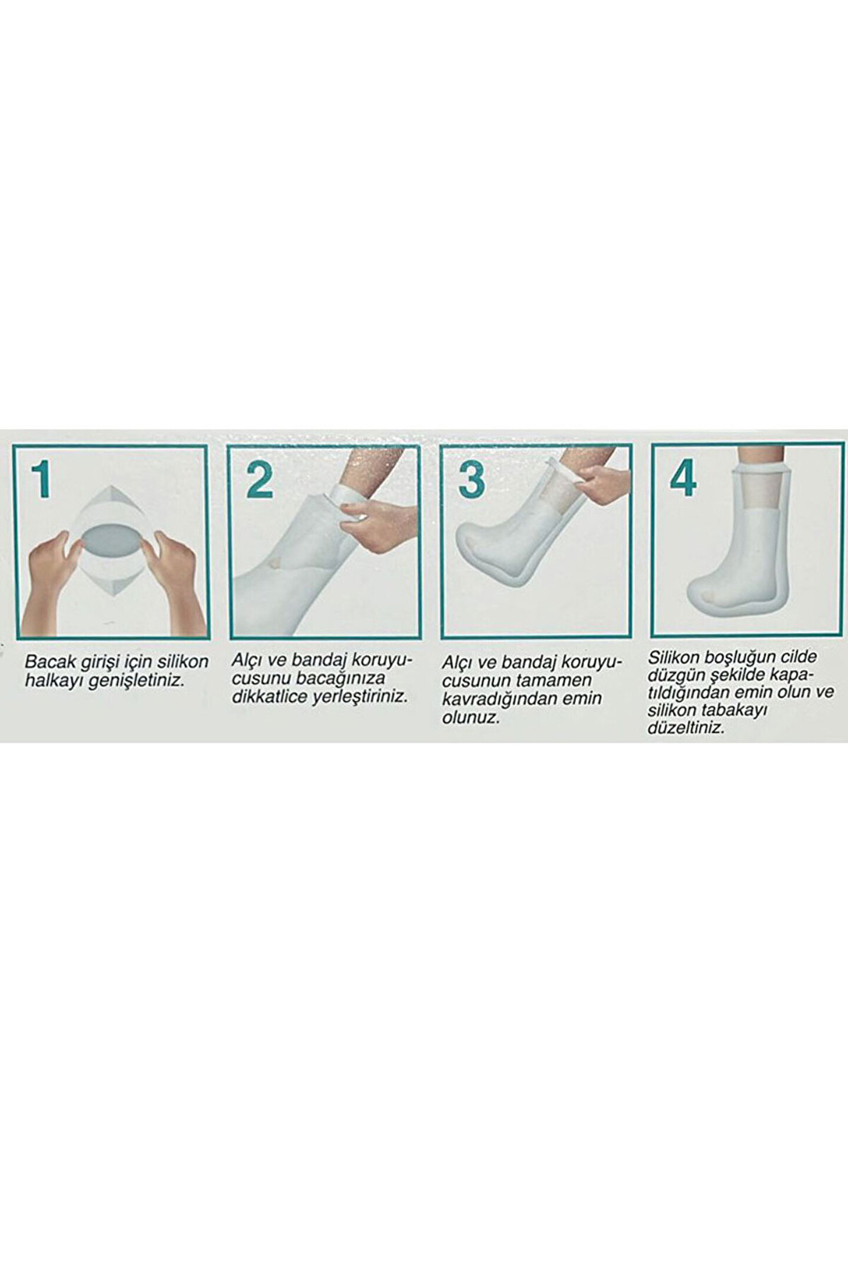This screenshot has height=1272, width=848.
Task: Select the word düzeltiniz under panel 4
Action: click(x=685, y=728)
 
